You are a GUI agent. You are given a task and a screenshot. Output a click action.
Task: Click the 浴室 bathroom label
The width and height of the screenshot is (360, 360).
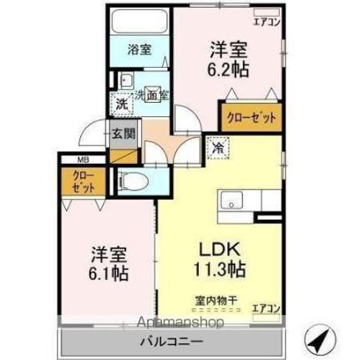point(139,49)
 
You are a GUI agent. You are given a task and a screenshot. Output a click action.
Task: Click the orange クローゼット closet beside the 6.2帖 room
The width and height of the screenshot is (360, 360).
point(248,117)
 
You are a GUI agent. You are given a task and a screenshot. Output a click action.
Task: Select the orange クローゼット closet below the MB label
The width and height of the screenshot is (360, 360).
point(81,183)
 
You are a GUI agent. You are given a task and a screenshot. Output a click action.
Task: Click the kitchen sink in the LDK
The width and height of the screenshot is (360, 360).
point(231,201)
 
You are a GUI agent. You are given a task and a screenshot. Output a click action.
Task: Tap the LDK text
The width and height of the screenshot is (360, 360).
point(219,248)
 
